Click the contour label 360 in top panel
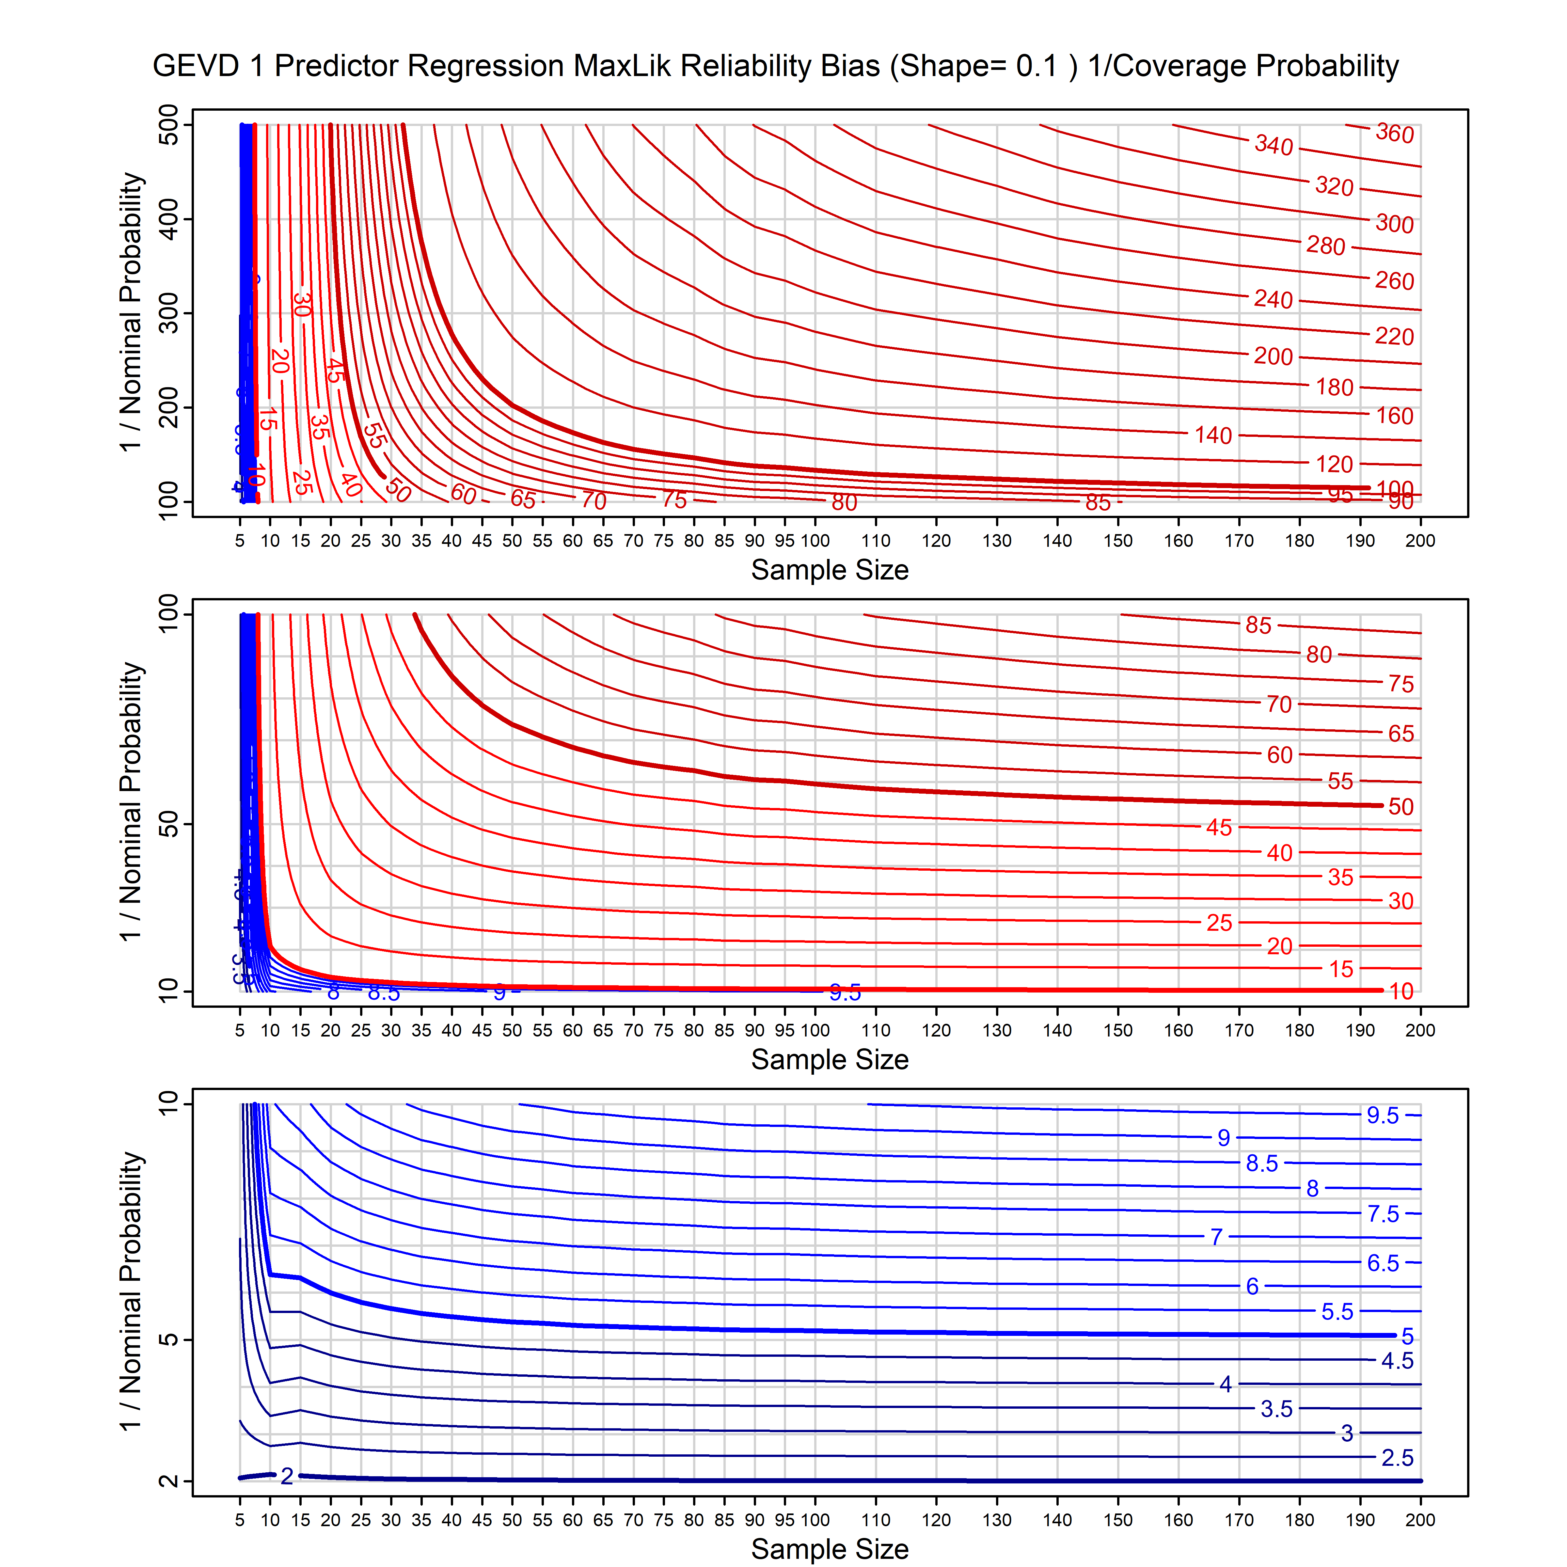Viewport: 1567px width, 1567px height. tap(1394, 133)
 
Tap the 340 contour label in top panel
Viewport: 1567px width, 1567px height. tap(1274, 145)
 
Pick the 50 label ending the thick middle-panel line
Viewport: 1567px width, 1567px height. tap(1401, 806)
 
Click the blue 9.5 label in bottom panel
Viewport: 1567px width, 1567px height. tap(1382, 1115)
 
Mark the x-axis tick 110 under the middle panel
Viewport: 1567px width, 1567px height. tap(875, 1030)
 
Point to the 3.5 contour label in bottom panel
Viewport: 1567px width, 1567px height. tap(1276, 1409)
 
